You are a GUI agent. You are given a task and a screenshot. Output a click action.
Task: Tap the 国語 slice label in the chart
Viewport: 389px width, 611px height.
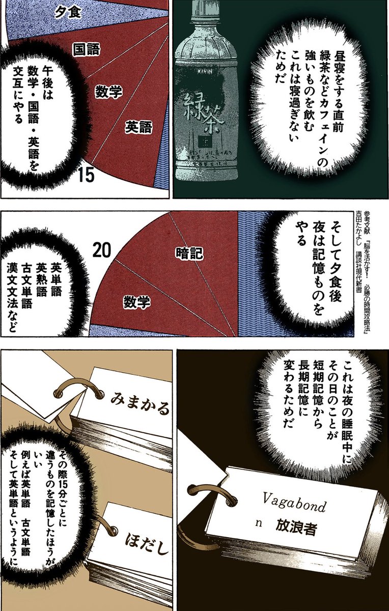click(x=86, y=49)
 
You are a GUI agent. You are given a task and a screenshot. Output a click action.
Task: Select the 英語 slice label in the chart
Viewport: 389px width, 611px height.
click(x=138, y=127)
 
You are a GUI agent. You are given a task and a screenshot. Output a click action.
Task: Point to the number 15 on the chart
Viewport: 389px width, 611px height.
click(x=87, y=175)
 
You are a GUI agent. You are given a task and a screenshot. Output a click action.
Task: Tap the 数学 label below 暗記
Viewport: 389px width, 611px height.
click(x=137, y=302)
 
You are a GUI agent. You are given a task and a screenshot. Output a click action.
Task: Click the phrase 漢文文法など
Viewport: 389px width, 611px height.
click(x=12, y=296)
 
